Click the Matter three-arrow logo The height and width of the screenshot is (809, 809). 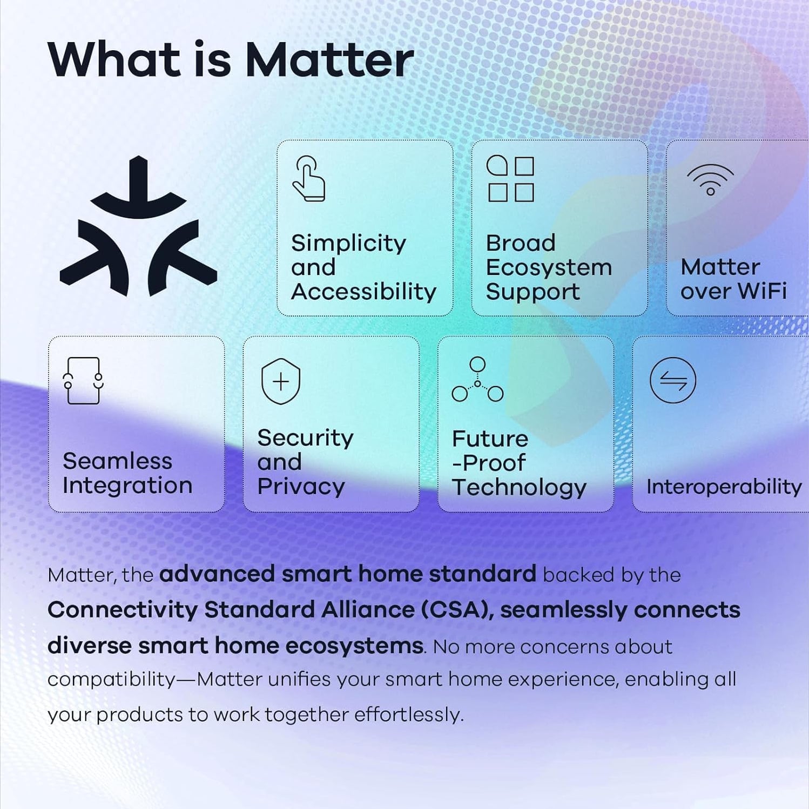click(138, 227)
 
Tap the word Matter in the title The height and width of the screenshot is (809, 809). click(329, 60)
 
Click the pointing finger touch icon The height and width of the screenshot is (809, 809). click(308, 179)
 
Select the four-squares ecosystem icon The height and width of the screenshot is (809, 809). click(510, 179)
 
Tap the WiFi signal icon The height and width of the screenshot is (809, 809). click(710, 179)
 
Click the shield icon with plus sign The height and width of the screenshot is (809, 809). click(280, 381)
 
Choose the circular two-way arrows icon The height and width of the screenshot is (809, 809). click(672, 380)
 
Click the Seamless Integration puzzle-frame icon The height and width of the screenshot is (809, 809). click(83, 380)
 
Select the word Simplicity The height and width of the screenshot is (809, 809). click(348, 244)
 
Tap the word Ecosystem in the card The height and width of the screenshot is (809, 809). click(549, 267)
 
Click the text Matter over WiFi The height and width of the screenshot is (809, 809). click(733, 279)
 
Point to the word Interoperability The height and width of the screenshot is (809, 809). click(724, 487)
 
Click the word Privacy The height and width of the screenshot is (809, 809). click(301, 487)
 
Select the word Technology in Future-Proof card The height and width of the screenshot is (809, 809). click(519, 487)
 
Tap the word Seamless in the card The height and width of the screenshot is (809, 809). click(117, 461)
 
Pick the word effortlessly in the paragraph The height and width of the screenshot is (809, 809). click(409, 714)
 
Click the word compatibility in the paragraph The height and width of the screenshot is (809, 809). click(111, 679)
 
